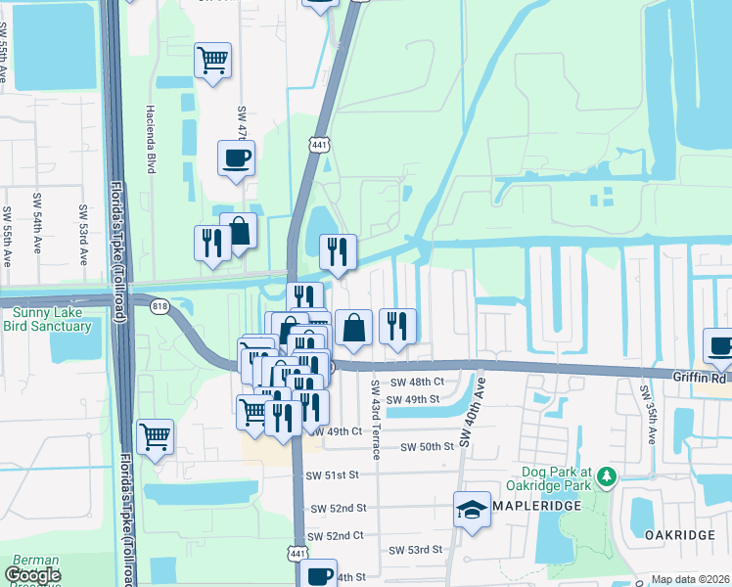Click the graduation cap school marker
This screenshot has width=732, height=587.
472,510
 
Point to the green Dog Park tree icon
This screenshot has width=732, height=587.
608,477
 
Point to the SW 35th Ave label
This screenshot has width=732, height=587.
647,413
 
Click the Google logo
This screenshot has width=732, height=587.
33,575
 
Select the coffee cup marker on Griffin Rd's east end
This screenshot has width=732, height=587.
720,345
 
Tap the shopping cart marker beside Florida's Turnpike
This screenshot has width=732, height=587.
156,435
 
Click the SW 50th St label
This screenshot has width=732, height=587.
429,446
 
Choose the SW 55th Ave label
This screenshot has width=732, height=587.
7,238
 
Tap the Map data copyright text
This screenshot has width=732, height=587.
691,580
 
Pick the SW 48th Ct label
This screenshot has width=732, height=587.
417,382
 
